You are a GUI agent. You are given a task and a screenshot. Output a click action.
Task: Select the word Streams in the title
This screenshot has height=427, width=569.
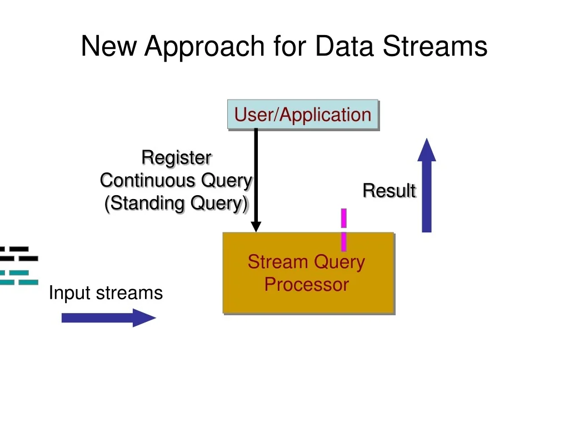[435, 46]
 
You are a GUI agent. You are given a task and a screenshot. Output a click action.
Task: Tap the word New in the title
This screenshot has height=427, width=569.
[109, 46]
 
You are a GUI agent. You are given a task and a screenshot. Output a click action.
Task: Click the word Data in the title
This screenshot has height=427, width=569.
[345, 46]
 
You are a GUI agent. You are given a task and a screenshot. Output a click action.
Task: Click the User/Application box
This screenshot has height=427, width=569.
[303, 115]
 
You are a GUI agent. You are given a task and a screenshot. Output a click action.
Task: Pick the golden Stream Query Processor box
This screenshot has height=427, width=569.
[309, 273]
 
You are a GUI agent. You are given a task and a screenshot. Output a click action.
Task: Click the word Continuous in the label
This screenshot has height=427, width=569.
[148, 181]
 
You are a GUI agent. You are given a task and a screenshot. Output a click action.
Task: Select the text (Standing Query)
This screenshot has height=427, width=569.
[176, 203]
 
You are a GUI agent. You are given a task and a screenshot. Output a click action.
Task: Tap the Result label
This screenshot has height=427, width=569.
[390, 191]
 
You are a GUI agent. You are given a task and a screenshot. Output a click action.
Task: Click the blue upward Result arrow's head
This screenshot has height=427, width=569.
[427, 150]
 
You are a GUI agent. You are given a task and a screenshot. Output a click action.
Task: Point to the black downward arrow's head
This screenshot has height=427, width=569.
[256, 226]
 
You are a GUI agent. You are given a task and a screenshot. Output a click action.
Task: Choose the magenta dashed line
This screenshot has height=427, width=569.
[343, 230]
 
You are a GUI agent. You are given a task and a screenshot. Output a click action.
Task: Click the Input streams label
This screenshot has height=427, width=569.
[106, 292]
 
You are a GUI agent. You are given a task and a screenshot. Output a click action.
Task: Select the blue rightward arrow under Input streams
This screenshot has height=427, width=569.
[108, 317]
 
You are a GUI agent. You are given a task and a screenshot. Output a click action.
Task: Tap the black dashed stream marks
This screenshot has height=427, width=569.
[19, 254]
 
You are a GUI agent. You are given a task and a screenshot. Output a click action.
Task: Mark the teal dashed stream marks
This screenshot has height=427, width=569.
[19, 277]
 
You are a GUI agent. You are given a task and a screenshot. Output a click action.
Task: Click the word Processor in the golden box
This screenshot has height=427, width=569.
[307, 285]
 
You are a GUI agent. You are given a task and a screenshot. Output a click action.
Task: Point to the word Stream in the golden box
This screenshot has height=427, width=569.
[278, 261]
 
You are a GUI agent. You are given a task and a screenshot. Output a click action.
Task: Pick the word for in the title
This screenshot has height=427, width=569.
[290, 46]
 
